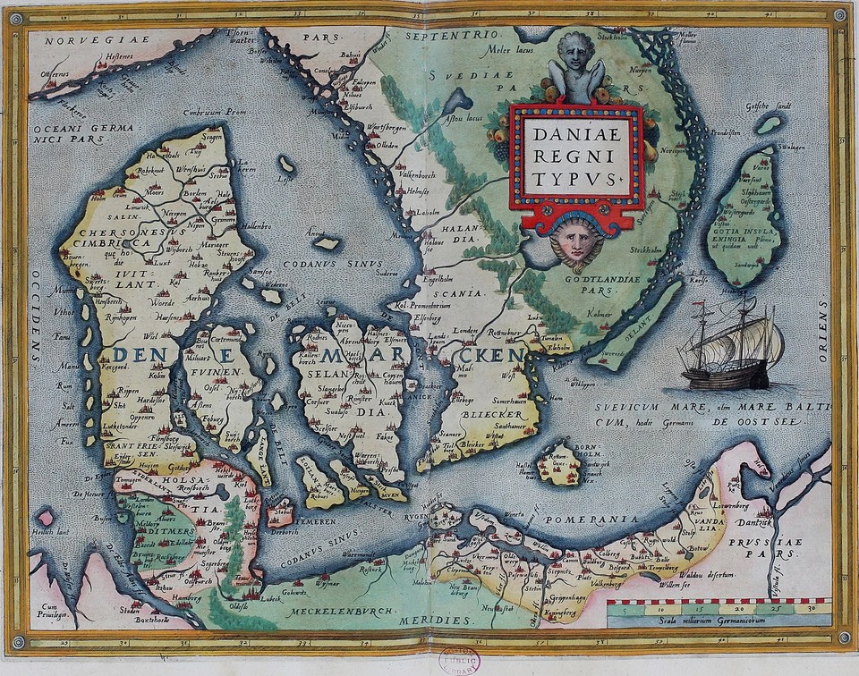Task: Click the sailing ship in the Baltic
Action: click(729, 348)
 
